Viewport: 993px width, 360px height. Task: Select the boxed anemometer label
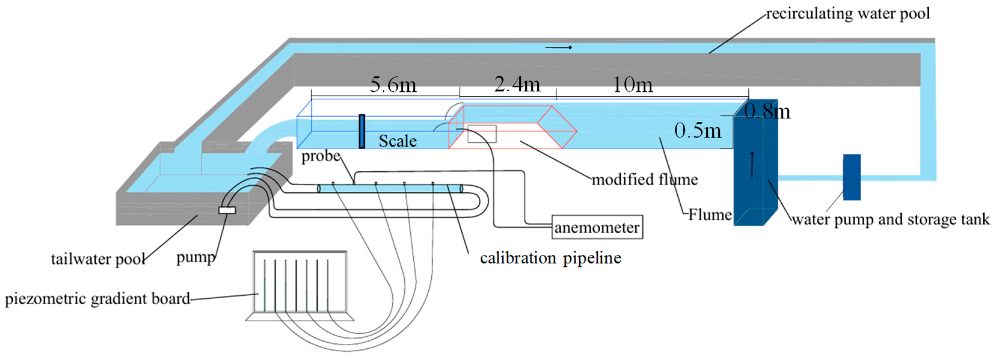tap(597, 227)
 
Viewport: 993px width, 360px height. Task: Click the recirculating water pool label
tap(848, 14)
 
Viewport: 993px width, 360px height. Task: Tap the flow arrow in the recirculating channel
tap(559, 48)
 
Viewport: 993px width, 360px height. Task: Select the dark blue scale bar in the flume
tap(362, 131)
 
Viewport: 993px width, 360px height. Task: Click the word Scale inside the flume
tap(397, 141)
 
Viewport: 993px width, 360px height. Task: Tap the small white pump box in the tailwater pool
tap(227, 210)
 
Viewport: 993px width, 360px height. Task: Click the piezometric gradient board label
tap(97, 299)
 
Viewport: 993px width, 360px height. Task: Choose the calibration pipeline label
tap(550, 258)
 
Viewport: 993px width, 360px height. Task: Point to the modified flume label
tap(645, 180)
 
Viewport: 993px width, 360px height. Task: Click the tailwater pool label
tap(98, 259)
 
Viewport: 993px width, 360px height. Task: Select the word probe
tap(321, 156)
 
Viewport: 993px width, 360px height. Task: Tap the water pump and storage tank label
tap(890, 219)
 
